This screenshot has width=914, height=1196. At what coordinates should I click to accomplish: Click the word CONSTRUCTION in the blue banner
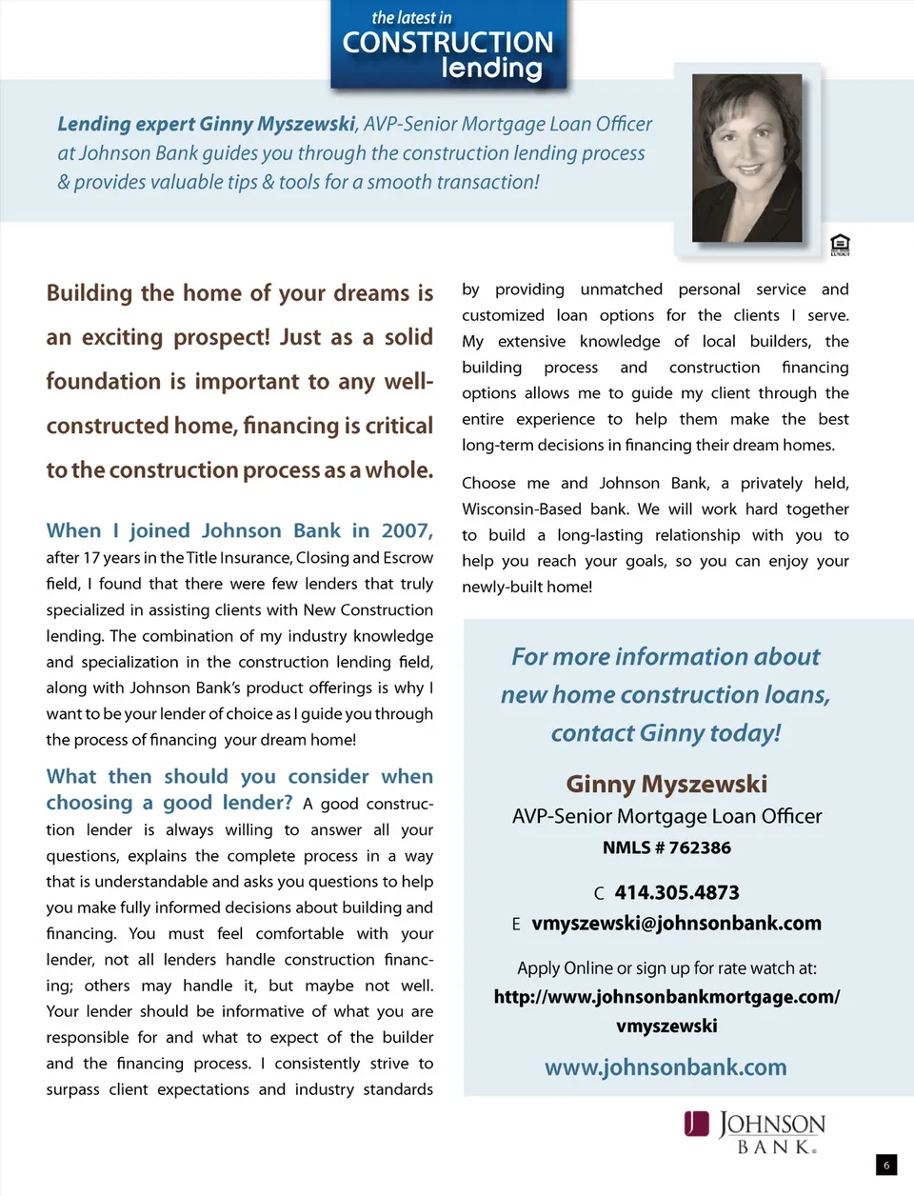point(447,43)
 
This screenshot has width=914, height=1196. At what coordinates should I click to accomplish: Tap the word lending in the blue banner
point(491,69)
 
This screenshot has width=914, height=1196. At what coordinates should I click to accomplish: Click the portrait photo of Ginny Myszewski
point(746,158)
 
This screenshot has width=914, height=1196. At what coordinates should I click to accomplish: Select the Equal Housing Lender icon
point(840,245)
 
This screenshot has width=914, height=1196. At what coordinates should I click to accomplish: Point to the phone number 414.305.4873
point(677,893)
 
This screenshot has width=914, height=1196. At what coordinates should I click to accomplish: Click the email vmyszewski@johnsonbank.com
point(676,924)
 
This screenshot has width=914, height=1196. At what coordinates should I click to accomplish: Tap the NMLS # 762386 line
point(666,847)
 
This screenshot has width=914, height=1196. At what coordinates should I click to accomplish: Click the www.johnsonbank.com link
point(666,1067)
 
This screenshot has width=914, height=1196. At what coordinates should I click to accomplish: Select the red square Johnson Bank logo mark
point(697,1125)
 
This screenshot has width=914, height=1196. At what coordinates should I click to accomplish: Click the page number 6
point(886,1165)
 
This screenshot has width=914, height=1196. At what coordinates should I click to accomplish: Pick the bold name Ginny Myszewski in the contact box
point(666,784)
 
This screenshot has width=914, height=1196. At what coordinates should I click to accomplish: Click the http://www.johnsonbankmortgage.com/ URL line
point(666,997)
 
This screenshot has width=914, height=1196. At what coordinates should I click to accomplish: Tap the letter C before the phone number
point(599,894)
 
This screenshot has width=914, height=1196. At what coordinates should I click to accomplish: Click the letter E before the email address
point(516,925)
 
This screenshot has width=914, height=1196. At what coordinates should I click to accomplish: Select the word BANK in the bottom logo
point(776,1147)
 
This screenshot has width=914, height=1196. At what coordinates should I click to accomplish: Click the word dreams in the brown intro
point(372,293)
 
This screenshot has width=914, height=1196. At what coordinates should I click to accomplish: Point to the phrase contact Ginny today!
point(666,733)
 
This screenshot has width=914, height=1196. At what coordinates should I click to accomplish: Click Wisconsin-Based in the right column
point(522,509)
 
